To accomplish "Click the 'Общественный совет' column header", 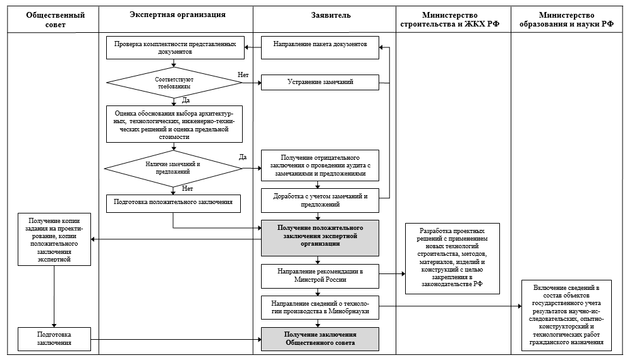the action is pyautogui.click(x=55, y=20).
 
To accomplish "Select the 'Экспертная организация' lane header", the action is pyautogui.click(x=178, y=15).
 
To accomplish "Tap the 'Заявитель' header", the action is pyautogui.click(x=331, y=15).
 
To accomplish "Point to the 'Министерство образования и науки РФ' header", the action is pyautogui.click(x=566, y=20).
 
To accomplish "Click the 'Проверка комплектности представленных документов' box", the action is pyautogui.click(x=174, y=47).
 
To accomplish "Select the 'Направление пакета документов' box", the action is pyautogui.click(x=320, y=47).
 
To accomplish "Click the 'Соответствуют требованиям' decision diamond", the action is pyautogui.click(x=174, y=83).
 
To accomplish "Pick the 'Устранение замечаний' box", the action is pyautogui.click(x=320, y=82).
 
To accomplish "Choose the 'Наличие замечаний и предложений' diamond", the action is pyautogui.click(x=173, y=168).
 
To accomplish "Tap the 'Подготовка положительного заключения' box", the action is pyautogui.click(x=173, y=203).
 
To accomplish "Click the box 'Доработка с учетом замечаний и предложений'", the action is pyautogui.click(x=320, y=200).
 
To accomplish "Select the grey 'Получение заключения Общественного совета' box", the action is pyautogui.click(x=320, y=339).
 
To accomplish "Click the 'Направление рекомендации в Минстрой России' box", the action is pyautogui.click(x=320, y=276).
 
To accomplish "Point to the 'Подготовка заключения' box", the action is pyautogui.click(x=54, y=339).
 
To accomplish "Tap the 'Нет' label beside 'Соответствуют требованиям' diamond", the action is pyautogui.click(x=243, y=75).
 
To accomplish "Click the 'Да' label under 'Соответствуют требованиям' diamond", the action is pyautogui.click(x=186, y=100).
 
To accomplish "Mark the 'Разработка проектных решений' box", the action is pyautogui.click(x=453, y=258).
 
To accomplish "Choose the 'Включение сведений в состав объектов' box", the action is pyautogui.click(x=566, y=315).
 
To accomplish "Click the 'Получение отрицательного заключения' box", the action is pyautogui.click(x=320, y=165).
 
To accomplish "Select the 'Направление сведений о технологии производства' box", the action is pyautogui.click(x=320, y=307).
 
